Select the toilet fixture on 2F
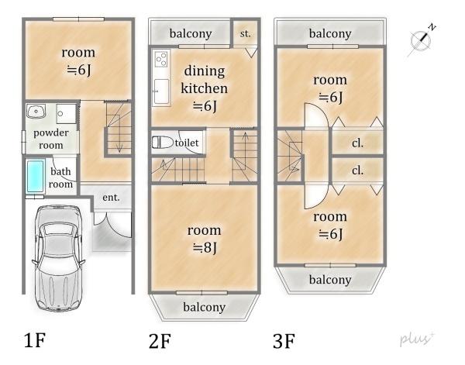(x=163, y=143)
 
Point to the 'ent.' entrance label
(x=111, y=198)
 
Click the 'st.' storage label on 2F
(x=245, y=33)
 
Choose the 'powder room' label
(x=50, y=139)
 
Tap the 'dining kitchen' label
(x=204, y=80)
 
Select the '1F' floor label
(x=36, y=339)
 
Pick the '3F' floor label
(x=284, y=339)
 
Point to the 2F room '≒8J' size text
(x=204, y=247)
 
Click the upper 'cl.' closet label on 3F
(x=358, y=143)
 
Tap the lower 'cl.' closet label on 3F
(x=358, y=170)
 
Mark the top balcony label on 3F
(x=329, y=33)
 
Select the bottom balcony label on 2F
(x=204, y=307)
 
